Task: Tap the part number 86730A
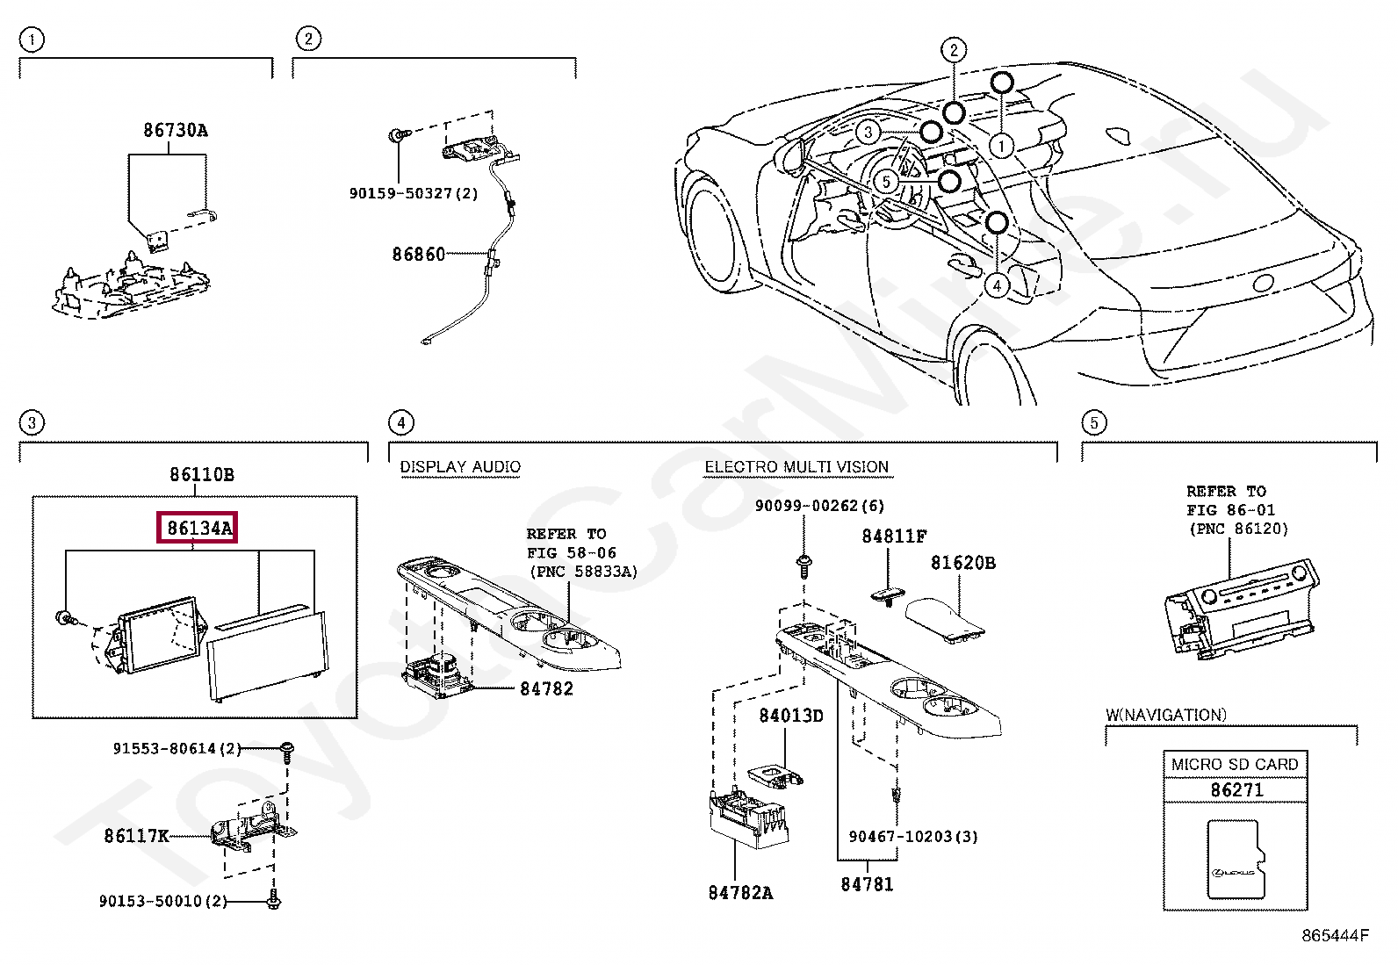click(x=176, y=131)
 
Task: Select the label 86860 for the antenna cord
click(x=419, y=255)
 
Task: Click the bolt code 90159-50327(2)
click(x=414, y=193)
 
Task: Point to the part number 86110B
click(x=202, y=475)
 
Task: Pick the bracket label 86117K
click(x=136, y=836)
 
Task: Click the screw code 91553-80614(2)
click(x=177, y=749)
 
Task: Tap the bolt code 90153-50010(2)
click(x=163, y=902)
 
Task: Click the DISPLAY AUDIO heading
click(x=460, y=467)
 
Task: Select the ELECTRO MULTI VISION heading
click(x=796, y=467)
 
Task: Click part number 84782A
click(x=740, y=893)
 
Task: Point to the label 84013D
click(x=791, y=716)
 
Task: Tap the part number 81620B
click(x=963, y=563)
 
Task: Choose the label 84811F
click(x=894, y=536)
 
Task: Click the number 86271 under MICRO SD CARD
click(x=1236, y=790)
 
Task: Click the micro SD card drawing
click(x=1236, y=859)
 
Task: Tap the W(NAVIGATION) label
click(x=1165, y=716)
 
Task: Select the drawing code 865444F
click(x=1334, y=936)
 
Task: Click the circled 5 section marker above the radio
click(x=1093, y=423)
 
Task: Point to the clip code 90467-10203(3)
click(x=913, y=837)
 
